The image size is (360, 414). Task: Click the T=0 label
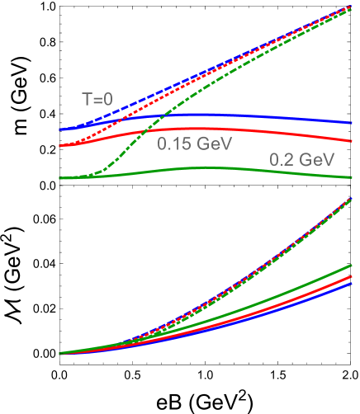coord(97,100)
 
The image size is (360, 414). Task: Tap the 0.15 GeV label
coord(195,143)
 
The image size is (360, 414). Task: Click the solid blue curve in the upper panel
coord(248,116)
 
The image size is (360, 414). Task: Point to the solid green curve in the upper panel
coord(248,169)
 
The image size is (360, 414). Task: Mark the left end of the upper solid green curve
coord(60,177)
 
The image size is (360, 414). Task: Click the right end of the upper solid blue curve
coord(353,123)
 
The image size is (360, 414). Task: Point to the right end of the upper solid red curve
coord(353,141)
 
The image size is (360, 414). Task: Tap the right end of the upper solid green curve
coord(353,176)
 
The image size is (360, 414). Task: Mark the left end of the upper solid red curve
coord(60,146)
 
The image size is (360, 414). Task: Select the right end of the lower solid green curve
coord(353,266)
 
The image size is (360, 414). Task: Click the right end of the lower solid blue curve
coord(353,283)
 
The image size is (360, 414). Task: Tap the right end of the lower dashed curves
coord(353,198)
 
